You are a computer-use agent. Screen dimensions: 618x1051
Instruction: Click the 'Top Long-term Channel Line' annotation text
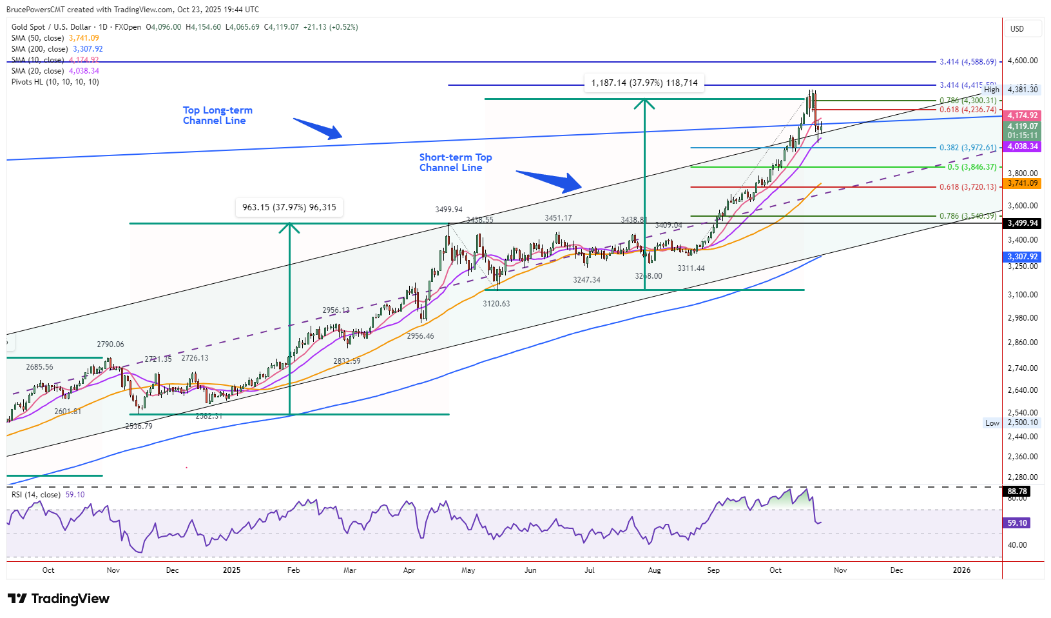coord(217,115)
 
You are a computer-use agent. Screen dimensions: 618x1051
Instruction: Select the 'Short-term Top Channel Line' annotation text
coord(455,163)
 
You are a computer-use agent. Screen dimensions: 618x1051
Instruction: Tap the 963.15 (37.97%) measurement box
coord(289,207)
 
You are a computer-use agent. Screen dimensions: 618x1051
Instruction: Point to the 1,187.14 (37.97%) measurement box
coord(644,83)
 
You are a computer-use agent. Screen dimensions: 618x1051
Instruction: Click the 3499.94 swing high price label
coord(448,210)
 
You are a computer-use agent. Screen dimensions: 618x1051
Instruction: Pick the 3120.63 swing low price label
coord(496,303)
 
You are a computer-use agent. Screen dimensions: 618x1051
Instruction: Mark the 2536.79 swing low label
coord(139,426)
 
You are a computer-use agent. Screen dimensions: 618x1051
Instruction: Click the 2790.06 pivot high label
coord(110,344)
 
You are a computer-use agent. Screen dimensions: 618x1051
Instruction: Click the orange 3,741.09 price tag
coord(1023,183)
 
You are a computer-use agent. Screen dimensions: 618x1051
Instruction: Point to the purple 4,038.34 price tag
coord(1023,146)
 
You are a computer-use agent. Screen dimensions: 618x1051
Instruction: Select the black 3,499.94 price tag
coord(1023,223)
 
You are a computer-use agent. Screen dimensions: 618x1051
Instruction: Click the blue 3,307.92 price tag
coord(1023,257)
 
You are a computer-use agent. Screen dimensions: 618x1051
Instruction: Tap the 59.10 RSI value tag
coord(1018,523)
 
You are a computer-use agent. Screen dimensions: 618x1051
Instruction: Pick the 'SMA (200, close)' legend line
coord(57,49)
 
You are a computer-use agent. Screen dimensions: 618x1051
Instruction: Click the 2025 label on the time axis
coord(231,570)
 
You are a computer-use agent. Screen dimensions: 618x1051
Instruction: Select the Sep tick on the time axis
coord(713,570)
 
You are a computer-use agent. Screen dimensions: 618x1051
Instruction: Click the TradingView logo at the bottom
coord(59,599)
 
